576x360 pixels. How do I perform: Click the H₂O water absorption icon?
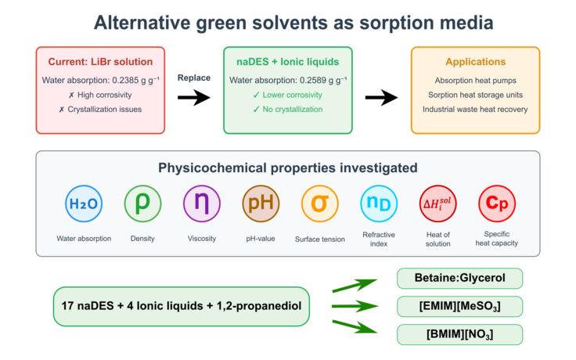click(84, 204)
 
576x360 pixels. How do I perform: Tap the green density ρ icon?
click(143, 204)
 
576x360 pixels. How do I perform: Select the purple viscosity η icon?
click(202, 204)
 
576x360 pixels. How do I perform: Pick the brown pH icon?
click(261, 204)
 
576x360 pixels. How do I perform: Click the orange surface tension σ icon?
click(320, 204)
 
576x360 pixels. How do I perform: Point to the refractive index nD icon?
click(380, 204)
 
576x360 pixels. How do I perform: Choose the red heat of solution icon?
click(438, 204)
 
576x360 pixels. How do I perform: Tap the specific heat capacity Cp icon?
click(497, 204)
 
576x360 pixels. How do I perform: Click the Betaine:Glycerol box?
click(459, 279)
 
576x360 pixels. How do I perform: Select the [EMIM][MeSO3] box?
click(459, 306)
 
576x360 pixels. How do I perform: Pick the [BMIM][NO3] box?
click(459, 334)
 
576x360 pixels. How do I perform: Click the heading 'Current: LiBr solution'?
click(100, 62)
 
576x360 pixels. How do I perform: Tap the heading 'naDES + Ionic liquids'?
click(287, 62)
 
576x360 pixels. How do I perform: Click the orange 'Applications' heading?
click(475, 62)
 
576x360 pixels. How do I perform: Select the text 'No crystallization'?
click(293, 109)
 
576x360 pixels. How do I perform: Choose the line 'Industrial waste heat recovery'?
click(475, 109)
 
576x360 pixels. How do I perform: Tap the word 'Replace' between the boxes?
click(194, 78)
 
